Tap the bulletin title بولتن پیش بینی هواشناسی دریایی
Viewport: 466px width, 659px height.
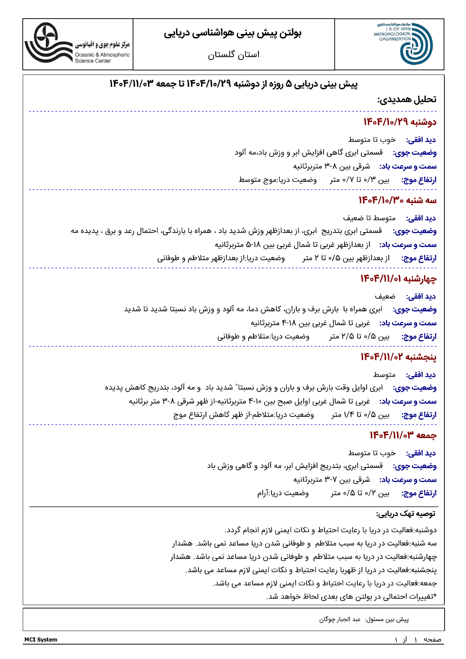[232, 33]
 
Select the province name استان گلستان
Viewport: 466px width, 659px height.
[234, 54]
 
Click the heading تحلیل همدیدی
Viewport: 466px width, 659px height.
[407, 99]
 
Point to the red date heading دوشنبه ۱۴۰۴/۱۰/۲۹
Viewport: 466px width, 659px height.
[400, 122]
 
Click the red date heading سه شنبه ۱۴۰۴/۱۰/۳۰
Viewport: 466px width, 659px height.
[397, 200]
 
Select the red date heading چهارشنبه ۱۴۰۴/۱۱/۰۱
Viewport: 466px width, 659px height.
[398, 279]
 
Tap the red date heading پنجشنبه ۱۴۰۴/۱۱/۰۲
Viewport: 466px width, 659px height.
[398, 357]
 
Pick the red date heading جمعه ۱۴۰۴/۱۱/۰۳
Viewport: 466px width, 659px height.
[403, 435]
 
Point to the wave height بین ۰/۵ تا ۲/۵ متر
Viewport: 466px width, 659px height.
[359, 336]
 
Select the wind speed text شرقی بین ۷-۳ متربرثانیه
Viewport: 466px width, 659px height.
[332, 480]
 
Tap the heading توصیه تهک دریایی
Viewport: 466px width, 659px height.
[406, 514]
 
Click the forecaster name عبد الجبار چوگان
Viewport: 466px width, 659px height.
[340, 619]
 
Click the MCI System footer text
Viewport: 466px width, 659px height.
[41, 639]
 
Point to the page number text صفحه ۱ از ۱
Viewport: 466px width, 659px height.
[418, 639]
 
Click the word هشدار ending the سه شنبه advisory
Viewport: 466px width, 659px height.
[182, 543]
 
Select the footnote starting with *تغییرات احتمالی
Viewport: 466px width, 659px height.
[351, 596]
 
